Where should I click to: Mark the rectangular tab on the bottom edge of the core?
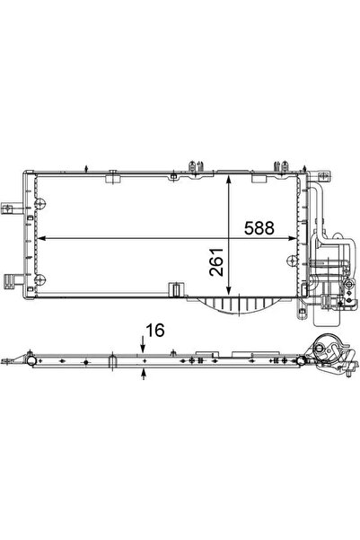pos(173,288)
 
